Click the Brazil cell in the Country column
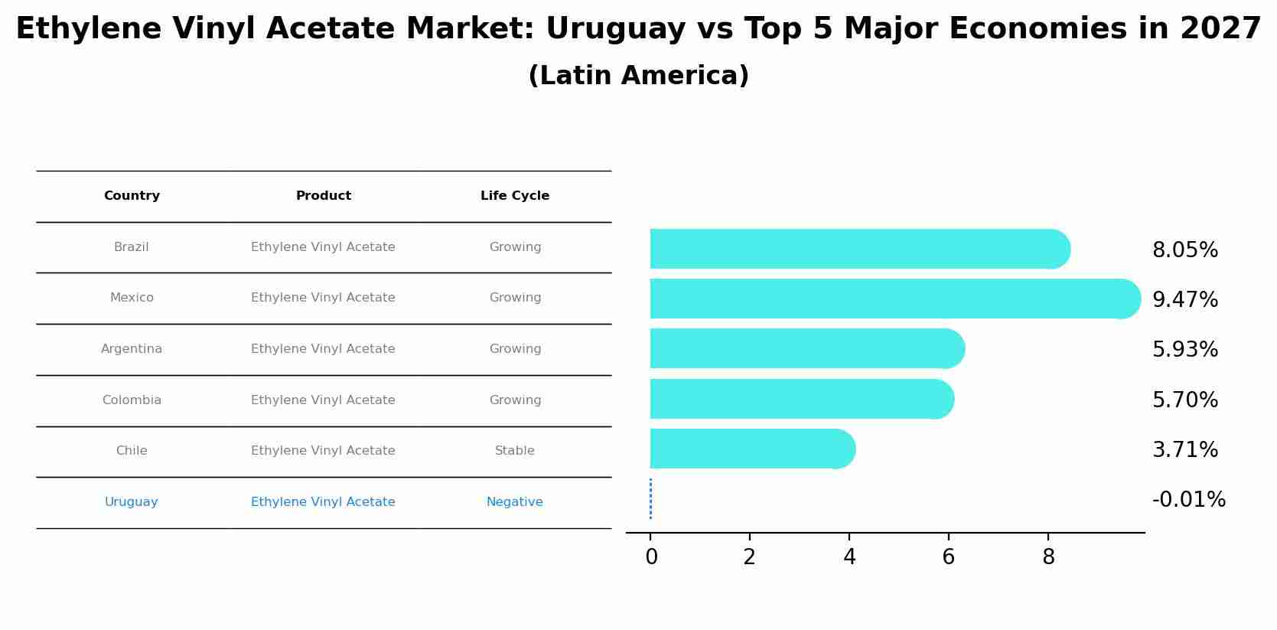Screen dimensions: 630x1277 click(131, 247)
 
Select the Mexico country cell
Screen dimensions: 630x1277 click(132, 298)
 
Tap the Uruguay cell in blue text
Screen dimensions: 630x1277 click(131, 502)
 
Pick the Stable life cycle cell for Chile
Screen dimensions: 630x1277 click(514, 451)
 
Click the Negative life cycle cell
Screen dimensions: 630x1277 click(514, 502)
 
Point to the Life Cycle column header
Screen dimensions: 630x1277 click(514, 196)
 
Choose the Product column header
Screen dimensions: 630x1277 click(323, 196)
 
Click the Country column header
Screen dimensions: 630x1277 click(132, 196)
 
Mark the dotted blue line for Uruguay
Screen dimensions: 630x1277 click(650, 499)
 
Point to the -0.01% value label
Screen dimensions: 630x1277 click(1188, 500)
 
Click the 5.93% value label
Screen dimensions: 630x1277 click(1184, 350)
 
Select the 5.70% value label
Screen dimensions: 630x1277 click(1184, 400)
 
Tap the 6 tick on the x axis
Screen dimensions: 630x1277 click(948, 557)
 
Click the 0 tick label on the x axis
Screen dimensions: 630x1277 click(651, 557)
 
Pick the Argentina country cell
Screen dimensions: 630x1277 click(132, 349)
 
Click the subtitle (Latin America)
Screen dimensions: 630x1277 click(638, 76)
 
